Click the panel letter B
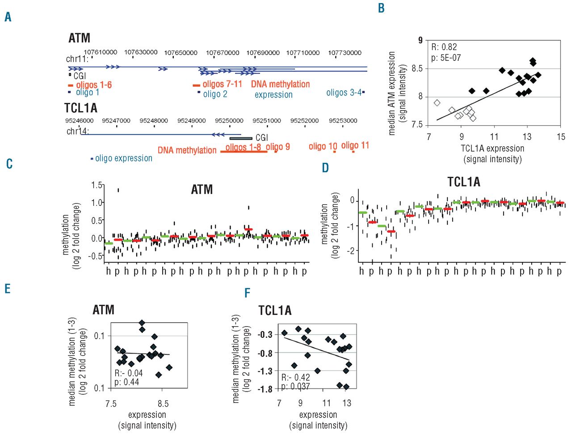[381, 9]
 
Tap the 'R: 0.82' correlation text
[444, 47]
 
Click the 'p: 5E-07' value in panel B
[446, 58]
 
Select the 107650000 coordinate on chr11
[181, 53]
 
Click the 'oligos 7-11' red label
[222, 84]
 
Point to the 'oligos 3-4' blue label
[344, 93]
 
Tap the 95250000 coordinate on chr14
[229, 121]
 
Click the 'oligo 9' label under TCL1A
[278, 147]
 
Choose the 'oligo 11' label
[355, 145]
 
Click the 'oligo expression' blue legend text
[124, 158]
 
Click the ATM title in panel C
[202, 190]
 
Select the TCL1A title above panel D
[463, 182]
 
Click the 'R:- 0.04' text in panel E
[129, 373]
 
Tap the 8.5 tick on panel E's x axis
[163, 404]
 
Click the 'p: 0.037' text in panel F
[295, 387]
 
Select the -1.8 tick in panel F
[265, 389]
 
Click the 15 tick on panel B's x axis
[561, 137]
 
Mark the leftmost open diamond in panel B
[437, 103]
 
